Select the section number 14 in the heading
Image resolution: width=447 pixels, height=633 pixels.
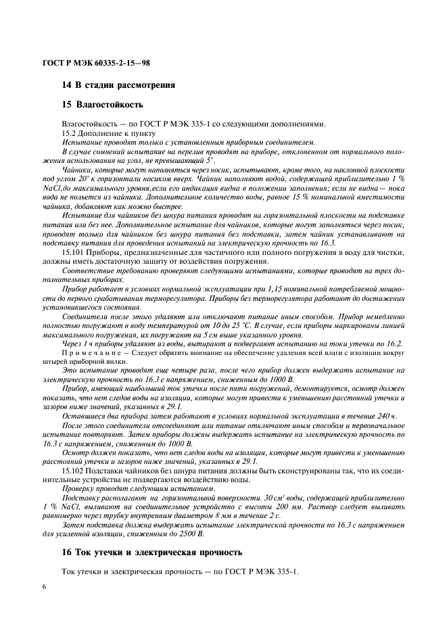(66, 85)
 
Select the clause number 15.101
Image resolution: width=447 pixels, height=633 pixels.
(73, 253)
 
